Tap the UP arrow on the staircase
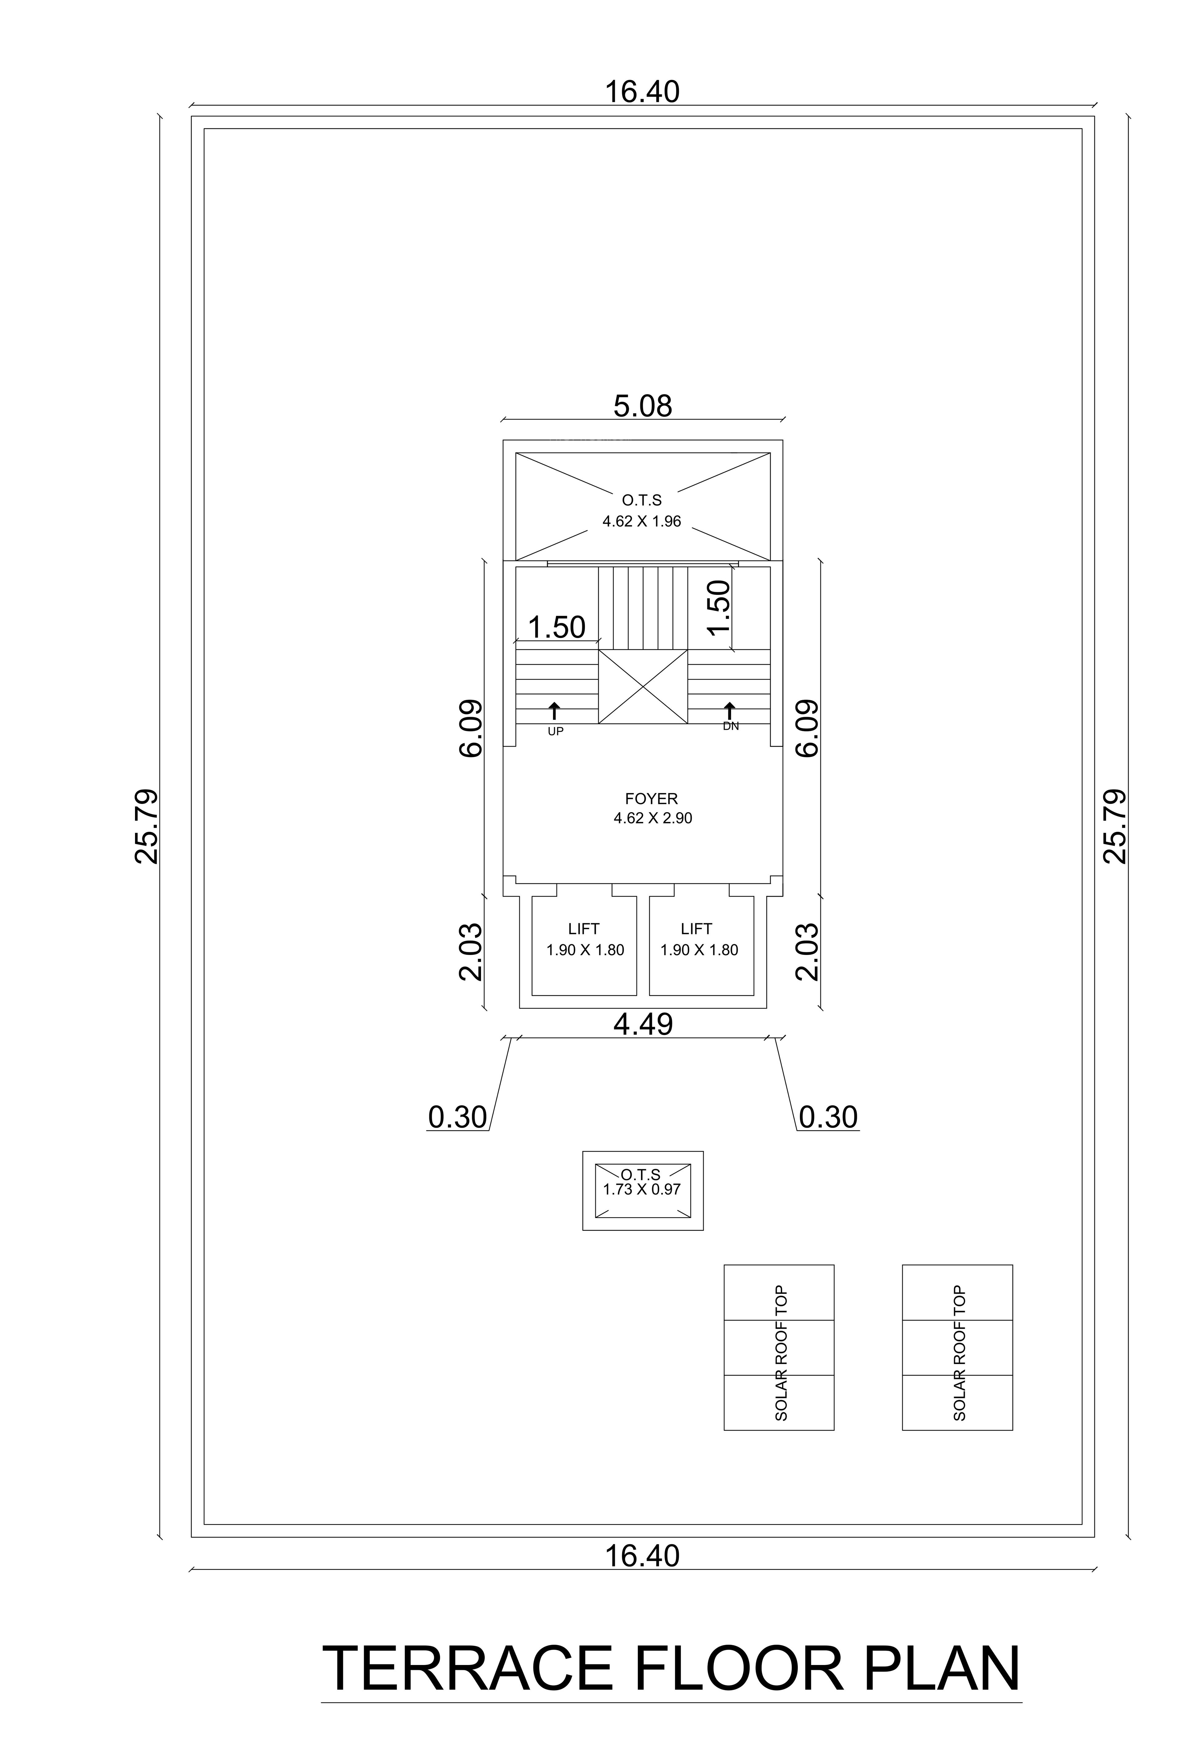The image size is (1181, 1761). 554,711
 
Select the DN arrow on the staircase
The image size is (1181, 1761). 729,711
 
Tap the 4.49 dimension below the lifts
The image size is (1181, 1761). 642,1024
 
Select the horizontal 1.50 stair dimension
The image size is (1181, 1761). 557,627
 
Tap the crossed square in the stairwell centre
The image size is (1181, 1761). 642,687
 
